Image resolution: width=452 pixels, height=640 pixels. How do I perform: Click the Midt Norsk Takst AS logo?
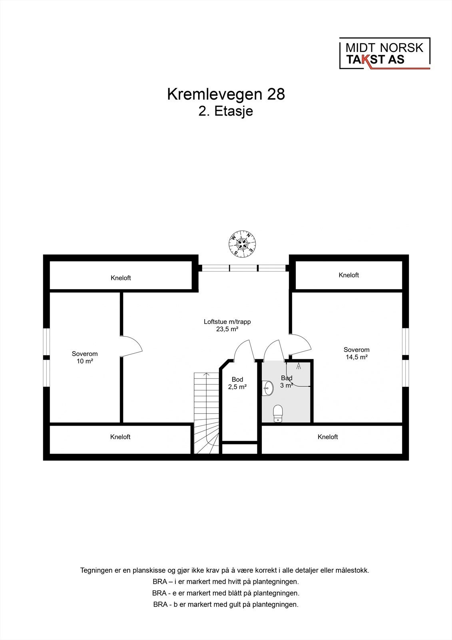click(384, 54)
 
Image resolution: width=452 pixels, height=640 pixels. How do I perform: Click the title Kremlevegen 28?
click(226, 94)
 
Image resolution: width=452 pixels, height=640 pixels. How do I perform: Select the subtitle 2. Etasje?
click(226, 111)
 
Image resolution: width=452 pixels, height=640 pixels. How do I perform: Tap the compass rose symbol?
click(242, 243)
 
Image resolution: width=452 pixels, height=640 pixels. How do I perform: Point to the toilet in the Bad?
click(278, 413)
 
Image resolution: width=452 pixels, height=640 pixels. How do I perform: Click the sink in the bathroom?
click(268, 388)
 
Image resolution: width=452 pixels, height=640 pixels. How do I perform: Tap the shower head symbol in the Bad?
click(299, 365)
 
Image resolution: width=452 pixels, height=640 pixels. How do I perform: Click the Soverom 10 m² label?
click(85, 357)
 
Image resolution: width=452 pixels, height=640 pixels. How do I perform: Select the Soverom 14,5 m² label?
click(356, 353)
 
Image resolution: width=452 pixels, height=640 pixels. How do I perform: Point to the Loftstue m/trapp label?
click(227, 325)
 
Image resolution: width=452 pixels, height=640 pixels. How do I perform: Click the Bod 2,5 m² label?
click(237, 383)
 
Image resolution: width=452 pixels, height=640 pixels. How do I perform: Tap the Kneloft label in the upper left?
click(121, 278)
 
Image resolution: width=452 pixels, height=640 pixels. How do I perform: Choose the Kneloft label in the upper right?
click(348, 275)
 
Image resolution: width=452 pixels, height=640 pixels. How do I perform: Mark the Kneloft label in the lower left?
click(120, 437)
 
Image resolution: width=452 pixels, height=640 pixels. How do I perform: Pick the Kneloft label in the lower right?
click(328, 437)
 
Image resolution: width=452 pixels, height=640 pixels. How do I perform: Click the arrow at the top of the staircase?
click(206, 374)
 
